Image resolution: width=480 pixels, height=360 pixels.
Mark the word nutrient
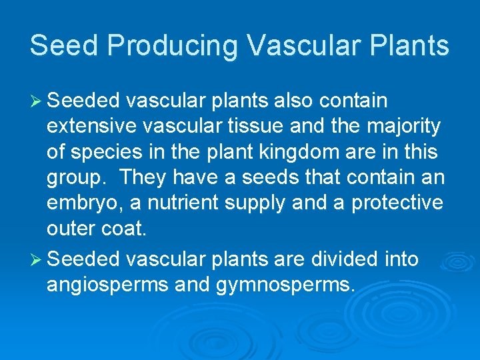(x=189, y=203)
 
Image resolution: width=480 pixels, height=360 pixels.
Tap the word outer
(x=71, y=229)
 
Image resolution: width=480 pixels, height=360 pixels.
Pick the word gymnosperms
(x=286, y=285)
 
